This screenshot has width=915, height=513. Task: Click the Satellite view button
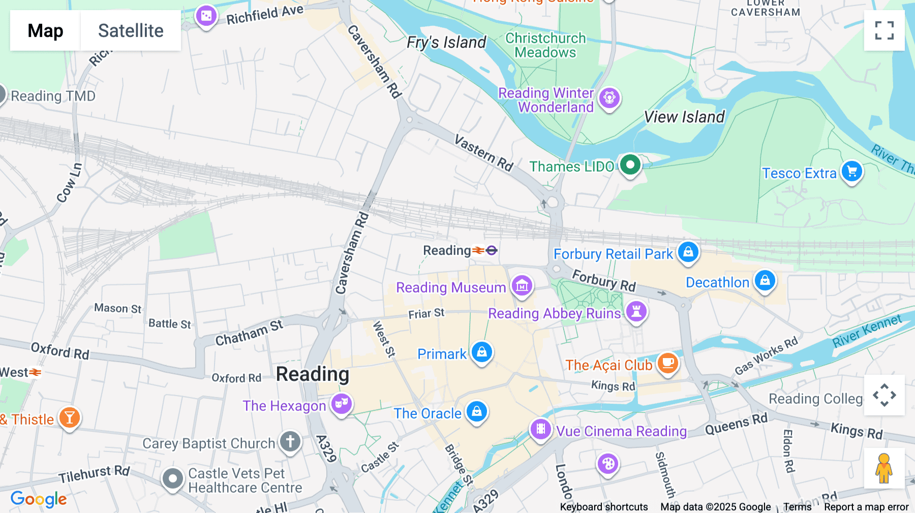[x=130, y=30]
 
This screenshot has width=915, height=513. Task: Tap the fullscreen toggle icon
[x=884, y=30]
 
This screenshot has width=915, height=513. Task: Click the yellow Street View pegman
[x=884, y=468]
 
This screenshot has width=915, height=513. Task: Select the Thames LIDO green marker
[x=630, y=165]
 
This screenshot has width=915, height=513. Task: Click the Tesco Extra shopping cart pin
[x=852, y=172]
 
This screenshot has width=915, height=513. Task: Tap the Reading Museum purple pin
[x=522, y=286]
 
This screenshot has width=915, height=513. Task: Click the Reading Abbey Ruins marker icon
[x=636, y=311]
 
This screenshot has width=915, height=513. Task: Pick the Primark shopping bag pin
[x=482, y=351]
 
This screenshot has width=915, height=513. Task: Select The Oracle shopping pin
[x=477, y=411]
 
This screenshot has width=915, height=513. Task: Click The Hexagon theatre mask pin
[x=342, y=404]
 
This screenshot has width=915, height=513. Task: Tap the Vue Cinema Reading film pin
[x=541, y=429]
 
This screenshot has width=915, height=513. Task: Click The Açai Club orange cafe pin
[x=668, y=363]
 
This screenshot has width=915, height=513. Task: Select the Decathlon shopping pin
[x=765, y=280]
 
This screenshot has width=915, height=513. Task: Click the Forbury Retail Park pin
[x=688, y=252]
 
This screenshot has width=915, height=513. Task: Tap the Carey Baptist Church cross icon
[x=290, y=441]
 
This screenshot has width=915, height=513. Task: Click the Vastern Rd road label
[x=483, y=153]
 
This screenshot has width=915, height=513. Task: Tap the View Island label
[x=684, y=117]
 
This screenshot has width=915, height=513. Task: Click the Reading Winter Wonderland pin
[x=609, y=98]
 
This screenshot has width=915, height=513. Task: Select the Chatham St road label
[x=249, y=333]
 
